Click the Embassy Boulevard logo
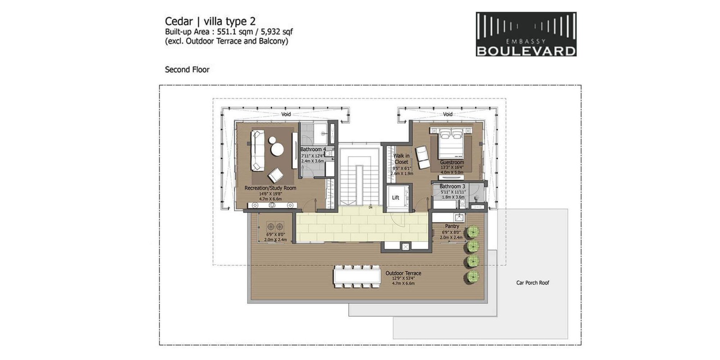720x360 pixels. coord(526,34)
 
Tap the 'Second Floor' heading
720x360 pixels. coord(187,69)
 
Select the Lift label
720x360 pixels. coord(396,198)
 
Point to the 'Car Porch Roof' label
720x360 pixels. coord(532,283)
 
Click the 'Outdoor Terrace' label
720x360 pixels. coord(403,273)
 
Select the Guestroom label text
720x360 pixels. coord(452,162)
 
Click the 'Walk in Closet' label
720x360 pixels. coord(401,159)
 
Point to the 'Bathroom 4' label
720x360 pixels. coord(313,149)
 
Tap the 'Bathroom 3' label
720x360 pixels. coord(452,186)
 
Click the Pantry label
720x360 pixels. coord(452,226)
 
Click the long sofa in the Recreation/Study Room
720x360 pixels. coord(257,150)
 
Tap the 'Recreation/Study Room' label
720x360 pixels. coord(270,188)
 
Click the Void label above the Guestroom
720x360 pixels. coord(448,114)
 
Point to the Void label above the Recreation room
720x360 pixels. coord(286,114)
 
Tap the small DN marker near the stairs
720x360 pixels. coord(370,207)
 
